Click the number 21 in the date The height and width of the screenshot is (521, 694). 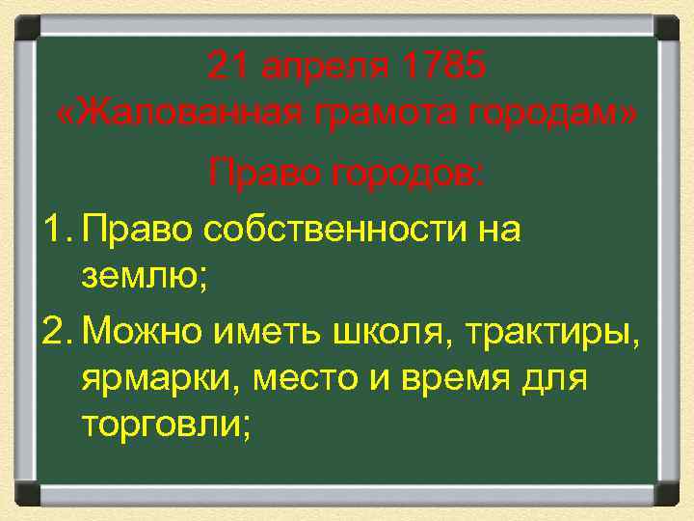click(x=227, y=68)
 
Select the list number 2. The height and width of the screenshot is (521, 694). click(x=54, y=332)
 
